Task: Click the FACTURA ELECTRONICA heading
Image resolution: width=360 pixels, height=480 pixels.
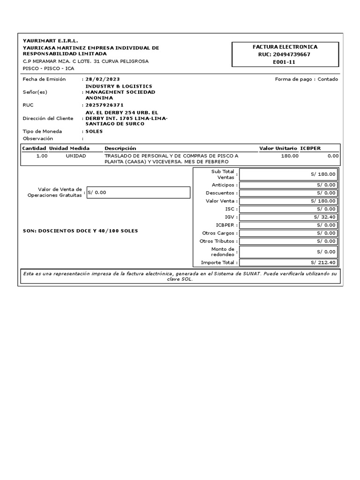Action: [285, 47]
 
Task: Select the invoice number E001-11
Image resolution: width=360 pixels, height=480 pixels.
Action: [285, 62]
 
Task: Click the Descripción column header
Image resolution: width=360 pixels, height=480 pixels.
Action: [120, 148]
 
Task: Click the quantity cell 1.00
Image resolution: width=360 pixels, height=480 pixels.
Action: [42, 156]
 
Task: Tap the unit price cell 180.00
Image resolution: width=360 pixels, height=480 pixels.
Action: [289, 156]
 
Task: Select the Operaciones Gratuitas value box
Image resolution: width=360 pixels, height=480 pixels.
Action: [138, 192]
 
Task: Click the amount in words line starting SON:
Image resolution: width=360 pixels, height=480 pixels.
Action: [80, 231]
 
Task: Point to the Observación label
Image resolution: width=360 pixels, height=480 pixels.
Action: [38, 139]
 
